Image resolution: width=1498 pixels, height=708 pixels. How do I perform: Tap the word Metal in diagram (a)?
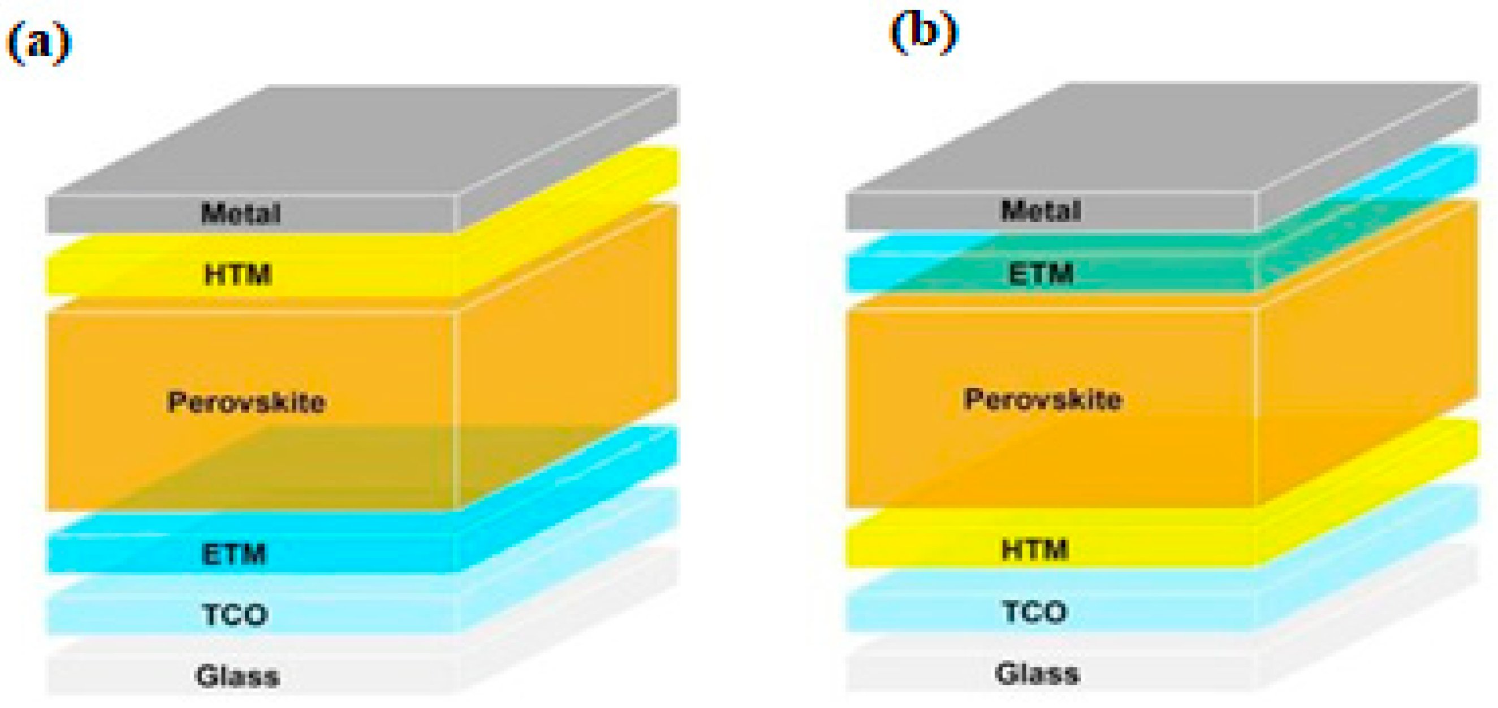pyautogui.click(x=241, y=214)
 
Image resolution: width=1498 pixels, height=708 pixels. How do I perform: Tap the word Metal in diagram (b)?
pyautogui.click(x=1041, y=210)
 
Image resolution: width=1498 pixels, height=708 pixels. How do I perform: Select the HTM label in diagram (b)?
pyautogui.click(x=1035, y=549)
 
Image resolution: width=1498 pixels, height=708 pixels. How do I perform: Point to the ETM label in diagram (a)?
pyautogui.click(x=234, y=554)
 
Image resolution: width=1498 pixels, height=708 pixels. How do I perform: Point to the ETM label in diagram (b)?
pyautogui.click(x=1041, y=274)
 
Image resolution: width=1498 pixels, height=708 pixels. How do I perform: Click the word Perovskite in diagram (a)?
pyautogui.click(x=246, y=402)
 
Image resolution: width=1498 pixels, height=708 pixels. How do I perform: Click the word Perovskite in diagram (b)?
pyautogui.click(x=1043, y=400)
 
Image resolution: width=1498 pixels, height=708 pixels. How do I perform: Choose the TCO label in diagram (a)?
pyautogui.click(x=235, y=615)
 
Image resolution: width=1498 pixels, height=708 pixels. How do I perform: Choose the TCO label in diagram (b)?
pyautogui.click(x=1035, y=612)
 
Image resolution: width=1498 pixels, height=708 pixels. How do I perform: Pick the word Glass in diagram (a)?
pyautogui.click(x=238, y=676)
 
